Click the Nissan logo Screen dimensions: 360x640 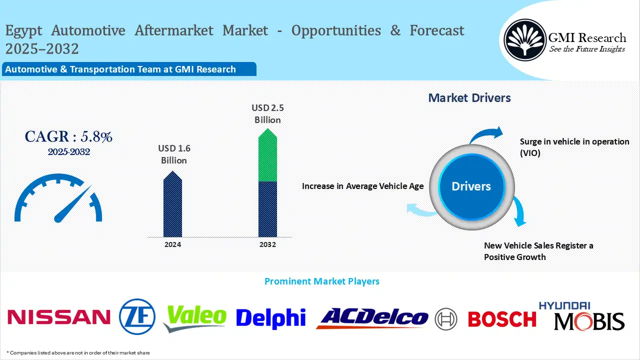click(x=59, y=317)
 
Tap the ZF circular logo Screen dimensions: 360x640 click(x=137, y=316)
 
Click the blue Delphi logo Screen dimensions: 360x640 click(x=270, y=318)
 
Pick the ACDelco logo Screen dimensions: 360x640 click(x=372, y=318)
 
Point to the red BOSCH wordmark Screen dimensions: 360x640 click(x=501, y=318)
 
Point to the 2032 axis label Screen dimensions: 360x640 click(x=267, y=245)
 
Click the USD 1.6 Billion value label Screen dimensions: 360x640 click(x=173, y=154)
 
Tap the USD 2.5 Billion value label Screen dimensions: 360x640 click(x=267, y=113)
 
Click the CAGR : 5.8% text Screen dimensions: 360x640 click(x=68, y=136)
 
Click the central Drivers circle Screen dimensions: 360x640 click(x=471, y=186)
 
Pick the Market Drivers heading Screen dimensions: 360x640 click(x=469, y=98)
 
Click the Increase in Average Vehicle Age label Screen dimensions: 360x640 click(x=362, y=186)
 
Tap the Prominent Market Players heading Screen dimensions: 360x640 click(x=321, y=281)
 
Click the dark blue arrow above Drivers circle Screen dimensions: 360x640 click(x=487, y=135)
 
